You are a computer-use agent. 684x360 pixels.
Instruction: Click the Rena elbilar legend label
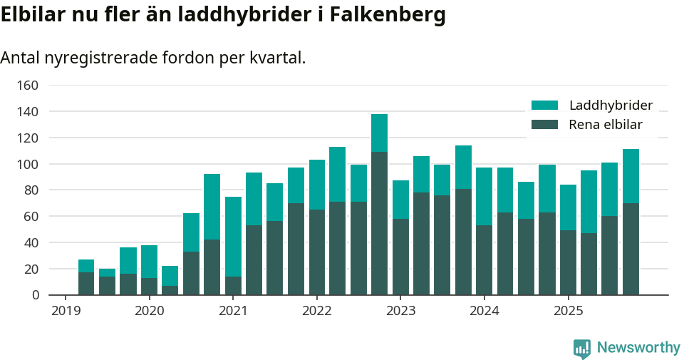(x=606, y=125)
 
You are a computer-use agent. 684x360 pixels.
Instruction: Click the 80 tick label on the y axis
(x=31, y=190)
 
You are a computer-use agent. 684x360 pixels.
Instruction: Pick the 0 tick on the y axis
(x=34, y=295)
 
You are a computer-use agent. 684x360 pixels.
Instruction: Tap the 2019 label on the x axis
(x=66, y=311)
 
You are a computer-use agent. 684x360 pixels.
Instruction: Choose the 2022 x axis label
(x=316, y=311)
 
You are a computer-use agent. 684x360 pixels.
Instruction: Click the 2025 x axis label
(x=568, y=311)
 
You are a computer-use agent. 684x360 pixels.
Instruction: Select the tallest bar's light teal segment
(x=379, y=133)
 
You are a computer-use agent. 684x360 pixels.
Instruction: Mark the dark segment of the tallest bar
(x=379, y=223)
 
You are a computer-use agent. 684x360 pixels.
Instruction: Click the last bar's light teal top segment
(x=631, y=176)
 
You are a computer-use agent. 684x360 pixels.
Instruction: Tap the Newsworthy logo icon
(x=581, y=348)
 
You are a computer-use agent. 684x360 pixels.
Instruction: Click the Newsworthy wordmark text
(x=638, y=348)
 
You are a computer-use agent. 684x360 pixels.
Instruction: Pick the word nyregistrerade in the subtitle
(x=93, y=58)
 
